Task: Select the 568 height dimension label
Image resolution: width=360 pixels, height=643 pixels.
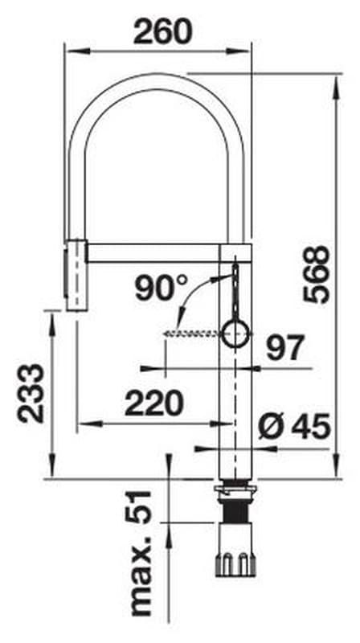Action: pyautogui.click(x=316, y=274)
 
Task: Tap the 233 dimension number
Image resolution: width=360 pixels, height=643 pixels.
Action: pyautogui.click(x=31, y=393)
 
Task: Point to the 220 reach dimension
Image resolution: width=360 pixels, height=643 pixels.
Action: pyautogui.click(x=153, y=403)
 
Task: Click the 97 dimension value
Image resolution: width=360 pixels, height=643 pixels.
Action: pyautogui.click(x=285, y=348)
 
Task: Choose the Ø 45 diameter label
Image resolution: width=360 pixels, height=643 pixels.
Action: pyautogui.click(x=294, y=426)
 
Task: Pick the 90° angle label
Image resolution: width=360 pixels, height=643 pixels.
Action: pyautogui.click(x=162, y=288)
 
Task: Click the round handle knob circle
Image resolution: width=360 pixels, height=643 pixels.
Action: pyautogui.click(x=235, y=334)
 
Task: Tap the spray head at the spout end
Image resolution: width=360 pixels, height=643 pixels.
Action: pyautogui.click(x=76, y=275)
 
